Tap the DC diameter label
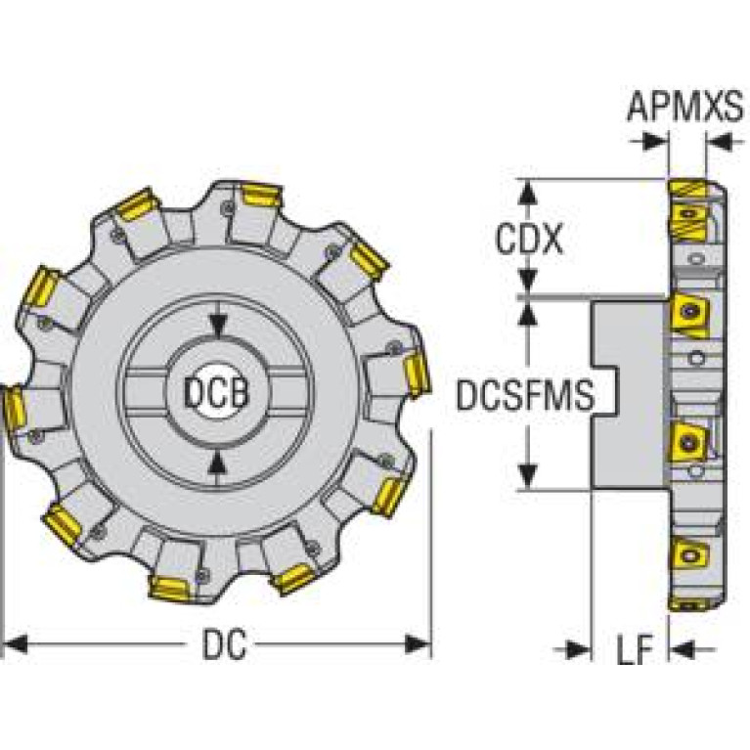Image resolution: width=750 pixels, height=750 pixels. tap(225, 644)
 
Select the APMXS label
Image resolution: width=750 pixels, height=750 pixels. tap(684, 107)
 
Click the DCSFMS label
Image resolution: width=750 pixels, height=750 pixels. tap(525, 395)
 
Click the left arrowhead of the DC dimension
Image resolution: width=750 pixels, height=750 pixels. tap(15, 644)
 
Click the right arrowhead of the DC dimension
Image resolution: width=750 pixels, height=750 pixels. tap(418, 644)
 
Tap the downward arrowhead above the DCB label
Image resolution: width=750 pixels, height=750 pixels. tap(218, 325)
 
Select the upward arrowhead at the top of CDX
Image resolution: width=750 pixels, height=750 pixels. tap(528, 192)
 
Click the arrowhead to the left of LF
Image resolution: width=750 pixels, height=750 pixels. tap(579, 649)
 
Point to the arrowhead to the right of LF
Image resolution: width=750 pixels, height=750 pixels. tap(682, 649)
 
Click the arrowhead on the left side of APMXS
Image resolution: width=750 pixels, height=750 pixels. tap(655, 142)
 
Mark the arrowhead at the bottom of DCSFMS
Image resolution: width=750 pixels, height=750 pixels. tap(528, 477)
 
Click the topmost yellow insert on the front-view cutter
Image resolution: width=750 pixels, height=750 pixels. tap(262, 196)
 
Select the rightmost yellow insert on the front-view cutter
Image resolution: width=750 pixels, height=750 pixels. tap(418, 374)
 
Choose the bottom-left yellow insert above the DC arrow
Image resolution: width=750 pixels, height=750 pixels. tap(63, 526)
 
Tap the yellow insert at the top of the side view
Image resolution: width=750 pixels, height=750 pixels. tap(686, 188)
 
